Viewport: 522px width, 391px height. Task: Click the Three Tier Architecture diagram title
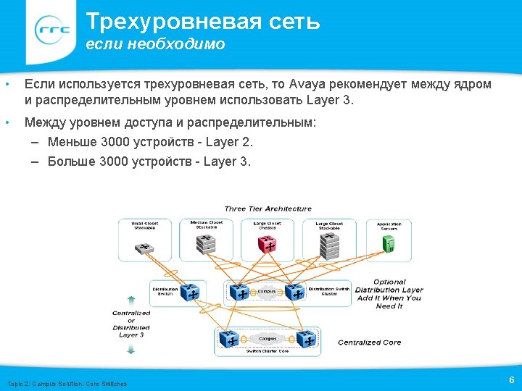tap(268, 209)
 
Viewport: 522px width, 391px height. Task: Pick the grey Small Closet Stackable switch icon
tap(145, 248)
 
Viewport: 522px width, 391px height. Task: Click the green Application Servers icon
tap(389, 243)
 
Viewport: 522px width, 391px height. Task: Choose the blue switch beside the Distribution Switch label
tap(190, 292)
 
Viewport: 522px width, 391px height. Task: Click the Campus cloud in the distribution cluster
tap(268, 291)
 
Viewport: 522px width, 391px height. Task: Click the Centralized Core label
tap(370, 342)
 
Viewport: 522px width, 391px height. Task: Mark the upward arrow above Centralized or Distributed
tap(130, 299)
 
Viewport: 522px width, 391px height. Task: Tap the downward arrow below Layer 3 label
tap(130, 349)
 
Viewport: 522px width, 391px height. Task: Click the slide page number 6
tap(512, 380)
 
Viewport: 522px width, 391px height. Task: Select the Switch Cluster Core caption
tap(268, 351)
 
